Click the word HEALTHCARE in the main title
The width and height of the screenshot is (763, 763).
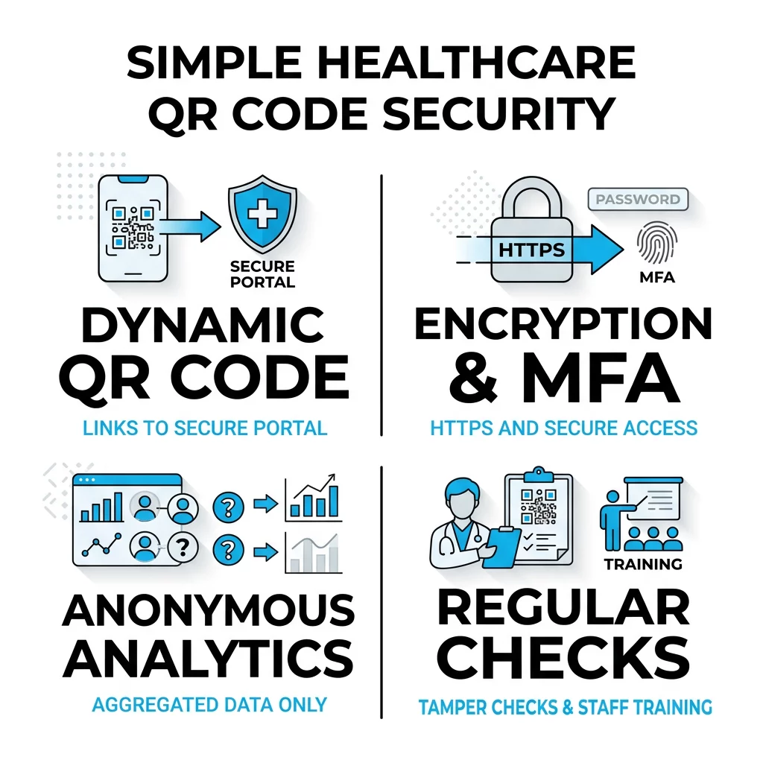pos(476,63)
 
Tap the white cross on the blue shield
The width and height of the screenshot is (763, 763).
pos(262,213)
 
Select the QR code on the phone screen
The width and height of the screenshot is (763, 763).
pos(133,227)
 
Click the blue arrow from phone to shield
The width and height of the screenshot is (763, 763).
pos(189,227)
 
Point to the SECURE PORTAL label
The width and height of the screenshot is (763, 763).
pos(262,274)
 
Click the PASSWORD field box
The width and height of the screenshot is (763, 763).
pos(638,199)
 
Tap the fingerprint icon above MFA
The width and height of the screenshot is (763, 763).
pos(657,242)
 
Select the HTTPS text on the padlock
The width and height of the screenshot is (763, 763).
pos(531,250)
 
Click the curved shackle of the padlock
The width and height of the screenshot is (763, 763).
pos(532,197)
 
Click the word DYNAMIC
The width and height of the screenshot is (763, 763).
pos(203,325)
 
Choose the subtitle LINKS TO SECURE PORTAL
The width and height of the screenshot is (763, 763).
pos(205,428)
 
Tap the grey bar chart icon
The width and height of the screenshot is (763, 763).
pos(314,553)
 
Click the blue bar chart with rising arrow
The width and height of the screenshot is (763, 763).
pos(314,498)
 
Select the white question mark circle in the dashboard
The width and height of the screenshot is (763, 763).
pos(183,547)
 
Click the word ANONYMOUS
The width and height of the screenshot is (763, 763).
pos(209,610)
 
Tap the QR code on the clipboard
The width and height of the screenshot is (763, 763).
pos(539,507)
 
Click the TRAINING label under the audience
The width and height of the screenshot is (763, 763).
pos(643,564)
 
